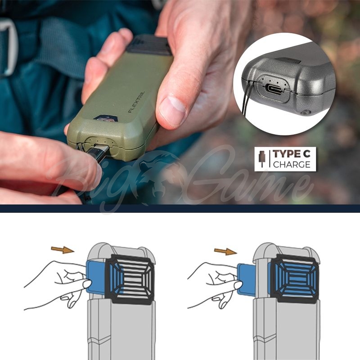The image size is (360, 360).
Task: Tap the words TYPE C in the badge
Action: point(292,154)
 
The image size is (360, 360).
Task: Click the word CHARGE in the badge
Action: point(292,164)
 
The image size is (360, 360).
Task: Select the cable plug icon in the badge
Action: point(262,159)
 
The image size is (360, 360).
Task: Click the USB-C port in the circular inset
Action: point(275,88)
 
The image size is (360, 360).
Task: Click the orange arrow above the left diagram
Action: point(63,250)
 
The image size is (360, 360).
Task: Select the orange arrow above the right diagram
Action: point(225,252)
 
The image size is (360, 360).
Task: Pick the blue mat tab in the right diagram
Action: point(246,279)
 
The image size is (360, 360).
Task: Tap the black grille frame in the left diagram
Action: point(130,278)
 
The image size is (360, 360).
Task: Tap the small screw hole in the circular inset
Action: point(306,112)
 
